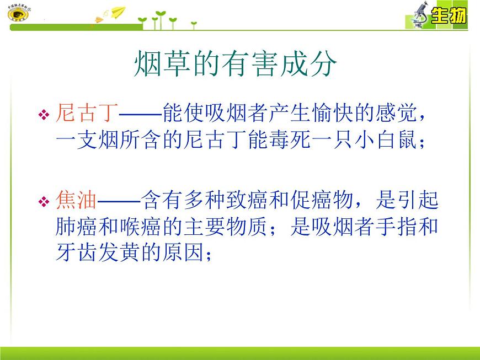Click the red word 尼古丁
(87, 114)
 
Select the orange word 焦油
(77, 200)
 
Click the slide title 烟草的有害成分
(235, 65)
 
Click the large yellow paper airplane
(117, 12)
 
